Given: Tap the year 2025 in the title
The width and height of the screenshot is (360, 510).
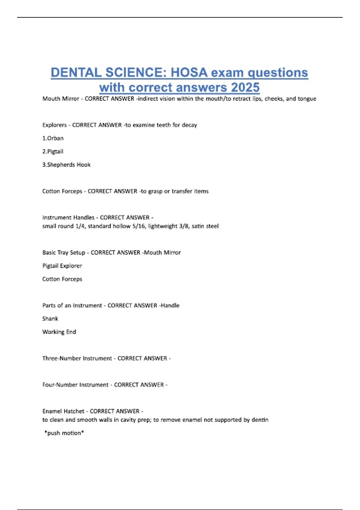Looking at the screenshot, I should [245, 87].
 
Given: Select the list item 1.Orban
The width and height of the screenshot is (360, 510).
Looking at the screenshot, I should [53, 138].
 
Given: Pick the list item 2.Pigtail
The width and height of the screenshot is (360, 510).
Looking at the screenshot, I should [53, 151].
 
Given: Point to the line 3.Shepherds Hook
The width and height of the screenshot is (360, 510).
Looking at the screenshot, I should [66, 165].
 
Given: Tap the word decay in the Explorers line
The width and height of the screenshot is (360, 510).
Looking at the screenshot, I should [189, 125].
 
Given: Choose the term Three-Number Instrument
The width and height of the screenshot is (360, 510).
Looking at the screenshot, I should [77, 358].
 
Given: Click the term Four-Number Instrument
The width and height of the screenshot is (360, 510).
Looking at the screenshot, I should [75, 385].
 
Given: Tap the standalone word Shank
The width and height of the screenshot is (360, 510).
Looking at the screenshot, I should [50, 319].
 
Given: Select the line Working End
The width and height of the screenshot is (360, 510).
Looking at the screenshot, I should [59, 332].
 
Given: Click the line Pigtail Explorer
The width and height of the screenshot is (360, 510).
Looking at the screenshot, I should [62, 266].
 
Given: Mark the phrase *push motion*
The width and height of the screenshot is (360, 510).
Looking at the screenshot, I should [64, 433].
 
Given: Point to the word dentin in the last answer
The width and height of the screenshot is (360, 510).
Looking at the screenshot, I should [260, 420].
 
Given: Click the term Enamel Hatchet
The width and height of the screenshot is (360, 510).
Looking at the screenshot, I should [63, 411].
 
